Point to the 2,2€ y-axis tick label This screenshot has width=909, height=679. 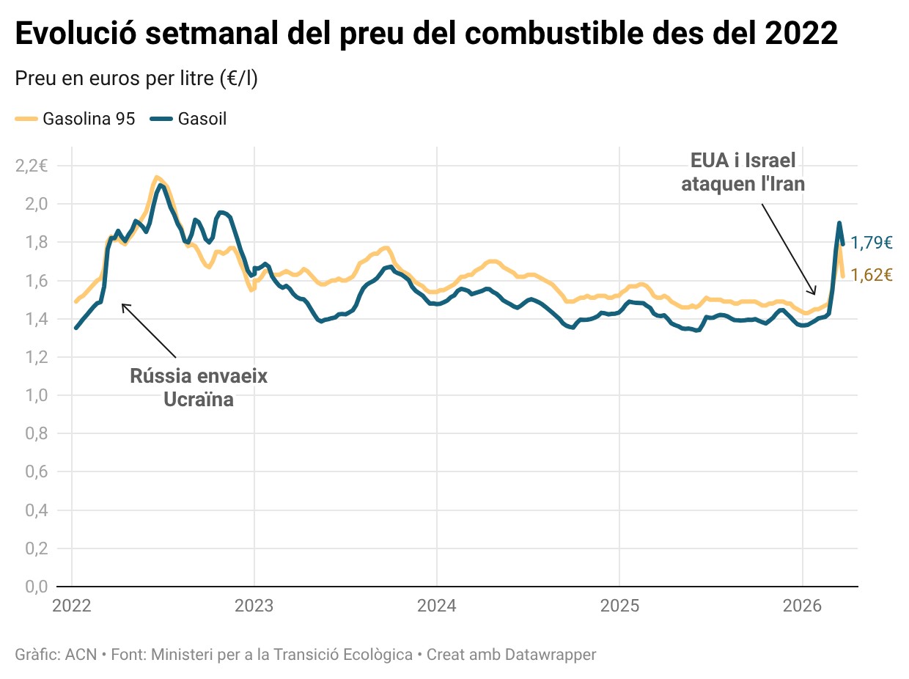click(31, 166)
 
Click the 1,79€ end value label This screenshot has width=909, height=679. click(872, 243)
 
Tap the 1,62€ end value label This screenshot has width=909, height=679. click(872, 276)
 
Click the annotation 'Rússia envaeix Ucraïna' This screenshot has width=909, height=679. click(198, 388)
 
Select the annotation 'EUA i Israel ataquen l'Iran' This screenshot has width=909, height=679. click(743, 172)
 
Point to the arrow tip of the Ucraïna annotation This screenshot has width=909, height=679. click(122, 304)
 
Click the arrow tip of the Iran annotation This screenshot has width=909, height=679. click(814, 295)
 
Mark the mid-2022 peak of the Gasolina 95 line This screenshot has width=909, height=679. click(156, 177)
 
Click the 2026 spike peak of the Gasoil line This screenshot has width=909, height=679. click(839, 223)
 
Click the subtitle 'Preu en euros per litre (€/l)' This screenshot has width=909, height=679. click(136, 78)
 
